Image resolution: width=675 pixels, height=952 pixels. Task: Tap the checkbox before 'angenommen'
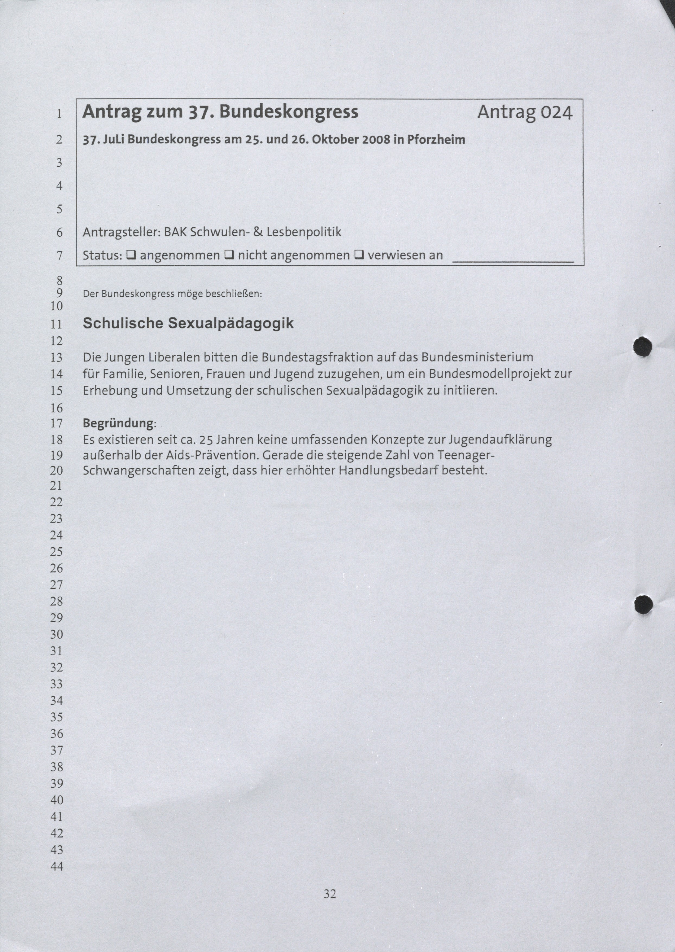coord(130,255)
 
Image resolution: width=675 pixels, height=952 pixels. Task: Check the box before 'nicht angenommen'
coord(229,255)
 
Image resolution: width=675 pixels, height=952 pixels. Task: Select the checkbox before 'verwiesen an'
coord(358,255)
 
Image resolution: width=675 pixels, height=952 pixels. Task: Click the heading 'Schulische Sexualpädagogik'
coord(188,323)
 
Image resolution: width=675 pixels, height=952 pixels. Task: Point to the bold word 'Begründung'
coord(118,423)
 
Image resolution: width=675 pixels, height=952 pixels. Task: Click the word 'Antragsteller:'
coord(121,232)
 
